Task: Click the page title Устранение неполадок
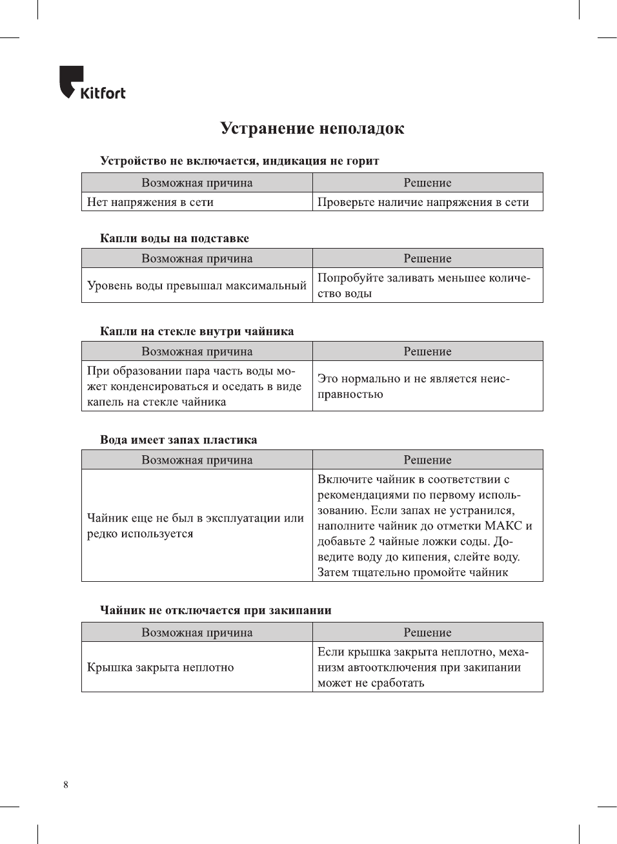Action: [312, 129]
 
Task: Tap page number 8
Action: [66, 785]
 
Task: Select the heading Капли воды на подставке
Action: [174, 238]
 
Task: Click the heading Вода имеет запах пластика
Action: [178, 440]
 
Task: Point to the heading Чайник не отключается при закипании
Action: [216, 610]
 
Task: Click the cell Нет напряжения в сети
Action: [150, 202]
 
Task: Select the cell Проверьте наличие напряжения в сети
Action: [423, 202]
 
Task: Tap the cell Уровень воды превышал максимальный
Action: [196, 285]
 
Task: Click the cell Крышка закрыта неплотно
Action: [160, 667]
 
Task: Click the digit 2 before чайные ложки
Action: [372, 541]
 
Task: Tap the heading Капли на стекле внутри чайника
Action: [197, 331]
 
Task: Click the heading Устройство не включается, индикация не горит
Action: [239, 161]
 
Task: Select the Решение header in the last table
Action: [427, 632]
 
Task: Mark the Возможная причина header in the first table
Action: [197, 183]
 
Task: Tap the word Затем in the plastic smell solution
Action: [334, 572]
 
